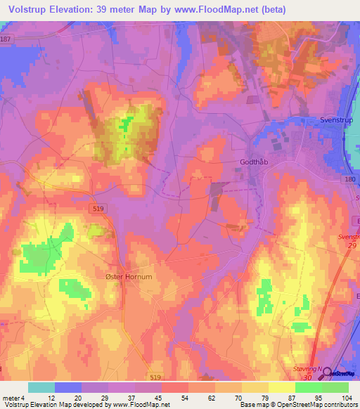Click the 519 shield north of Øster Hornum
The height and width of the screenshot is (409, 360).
[100, 209]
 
